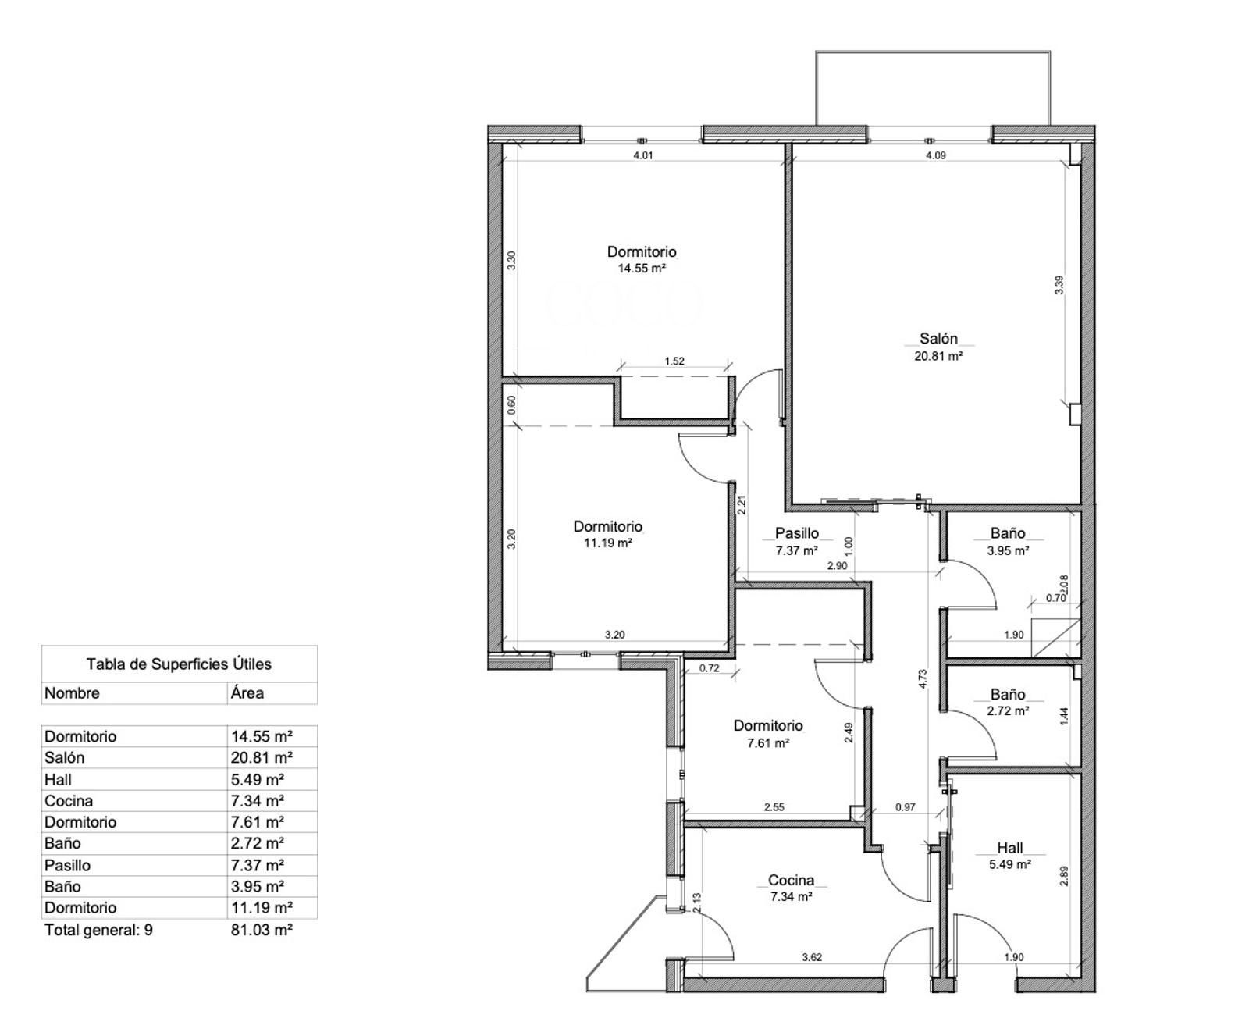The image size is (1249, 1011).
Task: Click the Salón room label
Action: click(938, 338)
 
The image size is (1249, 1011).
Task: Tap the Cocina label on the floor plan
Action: click(791, 880)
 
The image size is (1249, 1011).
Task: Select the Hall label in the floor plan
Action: click(1010, 847)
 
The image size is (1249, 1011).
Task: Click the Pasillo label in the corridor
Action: click(796, 533)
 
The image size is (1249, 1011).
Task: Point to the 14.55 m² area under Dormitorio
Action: click(642, 269)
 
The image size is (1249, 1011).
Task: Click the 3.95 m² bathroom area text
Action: click(1008, 550)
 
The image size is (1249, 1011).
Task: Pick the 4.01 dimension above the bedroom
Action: click(642, 155)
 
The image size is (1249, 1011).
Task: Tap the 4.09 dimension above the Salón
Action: click(935, 155)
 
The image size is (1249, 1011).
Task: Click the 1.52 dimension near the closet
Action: click(674, 361)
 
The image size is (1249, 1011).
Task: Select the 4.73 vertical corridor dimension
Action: click(923, 678)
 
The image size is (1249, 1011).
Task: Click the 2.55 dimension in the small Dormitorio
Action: click(774, 807)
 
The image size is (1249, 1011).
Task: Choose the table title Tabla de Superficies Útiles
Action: click(179, 664)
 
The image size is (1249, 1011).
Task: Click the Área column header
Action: click(247, 693)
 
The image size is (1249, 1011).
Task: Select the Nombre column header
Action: click(72, 693)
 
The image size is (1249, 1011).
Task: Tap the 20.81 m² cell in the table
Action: click(262, 757)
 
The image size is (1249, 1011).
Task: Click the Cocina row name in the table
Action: click(69, 801)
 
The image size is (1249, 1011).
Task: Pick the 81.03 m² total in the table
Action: click(262, 930)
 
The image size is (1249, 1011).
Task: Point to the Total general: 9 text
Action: click(98, 930)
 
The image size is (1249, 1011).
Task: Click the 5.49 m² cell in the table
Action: click(258, 780)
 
